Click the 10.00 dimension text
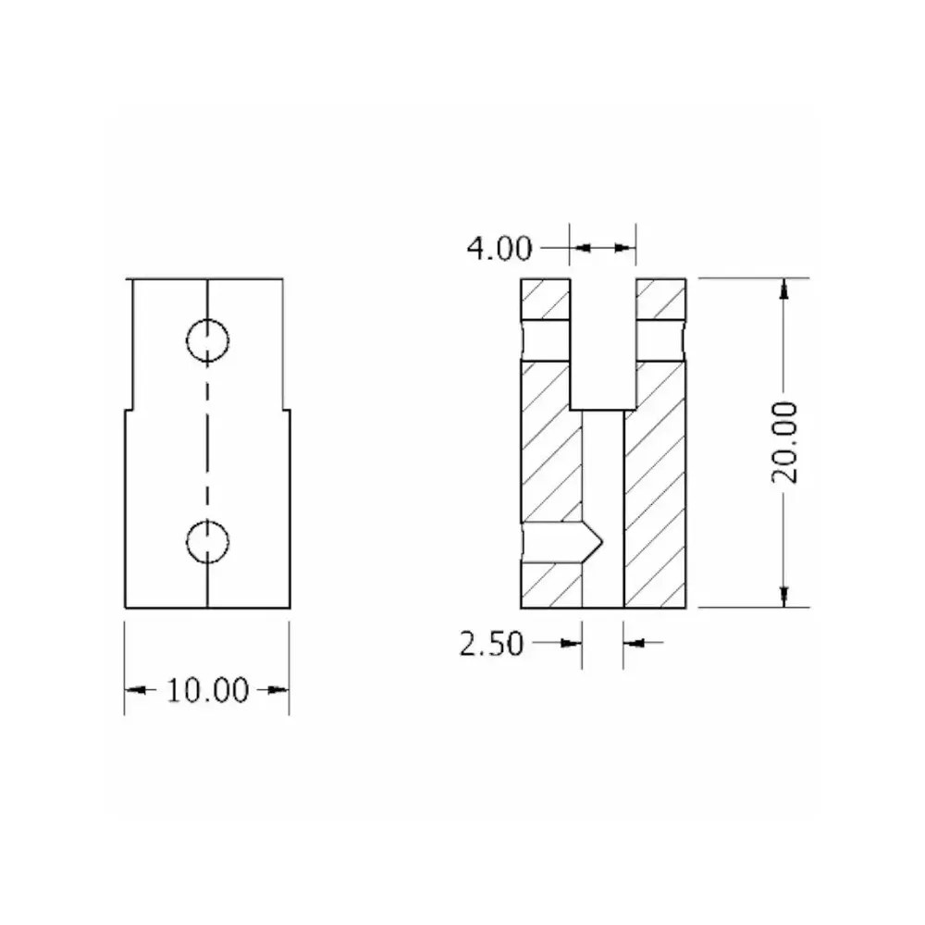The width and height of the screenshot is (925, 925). coord(207,690)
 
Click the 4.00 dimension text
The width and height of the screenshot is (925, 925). coord(499,248)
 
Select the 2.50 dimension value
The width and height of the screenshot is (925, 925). coord(491,642)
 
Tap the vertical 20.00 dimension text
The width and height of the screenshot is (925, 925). coord(785,442)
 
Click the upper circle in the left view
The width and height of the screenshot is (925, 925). coord(207,340)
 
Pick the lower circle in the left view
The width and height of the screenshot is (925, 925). coord(207,541)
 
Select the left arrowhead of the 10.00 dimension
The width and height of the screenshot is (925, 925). coord(135,690)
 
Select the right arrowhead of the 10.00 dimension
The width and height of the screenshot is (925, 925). coord(278,690)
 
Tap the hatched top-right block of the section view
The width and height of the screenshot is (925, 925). coord(660,298)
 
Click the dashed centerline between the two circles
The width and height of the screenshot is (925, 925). coord(207,440)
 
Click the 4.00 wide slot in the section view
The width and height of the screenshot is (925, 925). coord(603,342)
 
